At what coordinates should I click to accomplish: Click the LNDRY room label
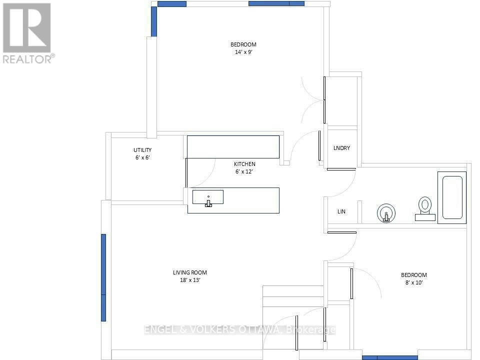coord(341,148)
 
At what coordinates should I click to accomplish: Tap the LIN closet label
coord(341,211)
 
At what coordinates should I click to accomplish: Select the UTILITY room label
coord(142,150)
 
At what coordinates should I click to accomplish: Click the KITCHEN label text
coord(244,164)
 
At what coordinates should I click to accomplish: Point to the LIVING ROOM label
coord(190,272)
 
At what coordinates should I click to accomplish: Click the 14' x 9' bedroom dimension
coord(243,52)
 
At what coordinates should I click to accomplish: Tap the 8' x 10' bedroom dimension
coord(414,282)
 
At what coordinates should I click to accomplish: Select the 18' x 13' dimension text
coord(190,280)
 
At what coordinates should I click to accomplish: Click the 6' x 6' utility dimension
coord(142,157)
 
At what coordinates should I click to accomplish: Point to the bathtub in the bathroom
coord(452,197)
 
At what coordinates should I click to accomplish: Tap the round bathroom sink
coord(386,213)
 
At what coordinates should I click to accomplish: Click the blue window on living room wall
coord(103,277)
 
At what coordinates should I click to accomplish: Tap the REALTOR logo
coord(27,33)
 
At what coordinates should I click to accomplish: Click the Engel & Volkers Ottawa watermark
coord(239,329)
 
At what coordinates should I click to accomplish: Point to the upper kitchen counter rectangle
coord(233,147)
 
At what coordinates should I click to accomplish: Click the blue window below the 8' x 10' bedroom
coord(390,358)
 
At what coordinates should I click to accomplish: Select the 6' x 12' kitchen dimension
coord(244,171)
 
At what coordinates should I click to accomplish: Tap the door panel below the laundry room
coord(341,169)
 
